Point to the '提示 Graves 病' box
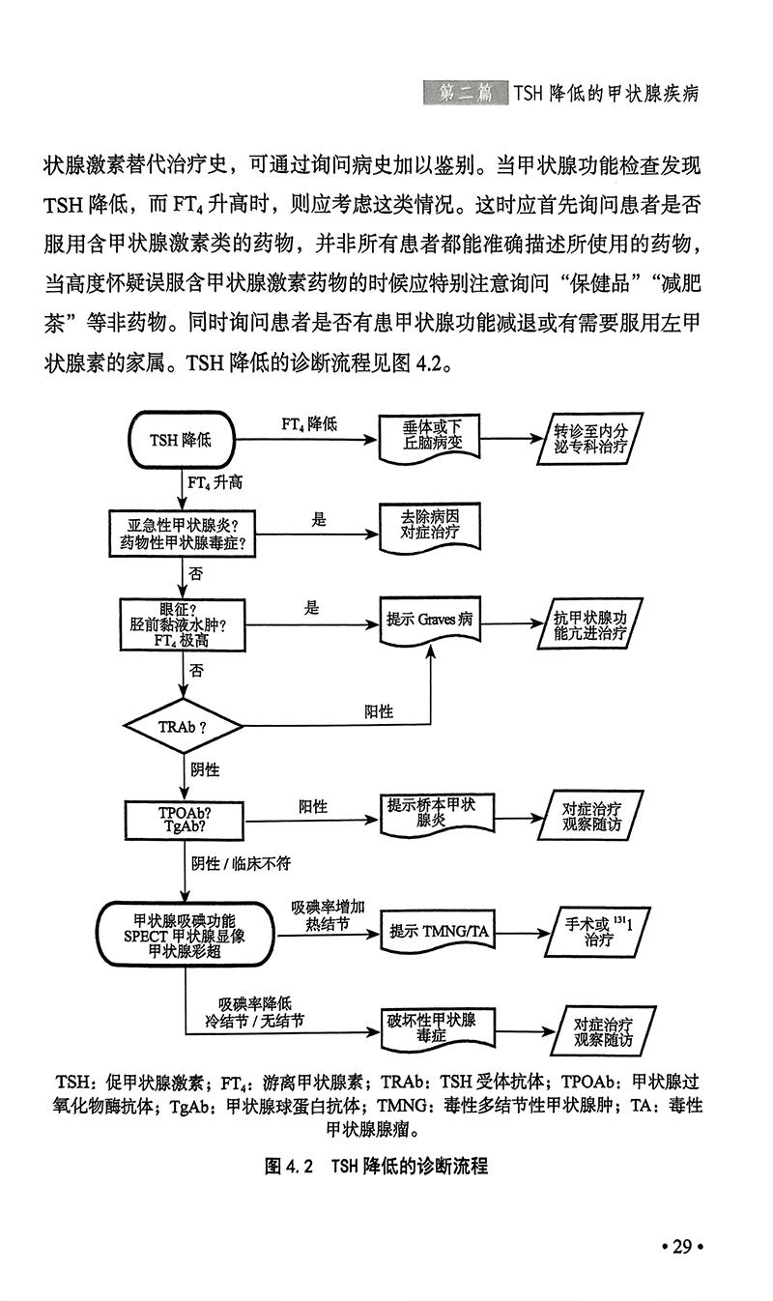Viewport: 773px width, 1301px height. (x=429, y=620)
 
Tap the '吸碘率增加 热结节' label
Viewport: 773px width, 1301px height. (x=328, y=916)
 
